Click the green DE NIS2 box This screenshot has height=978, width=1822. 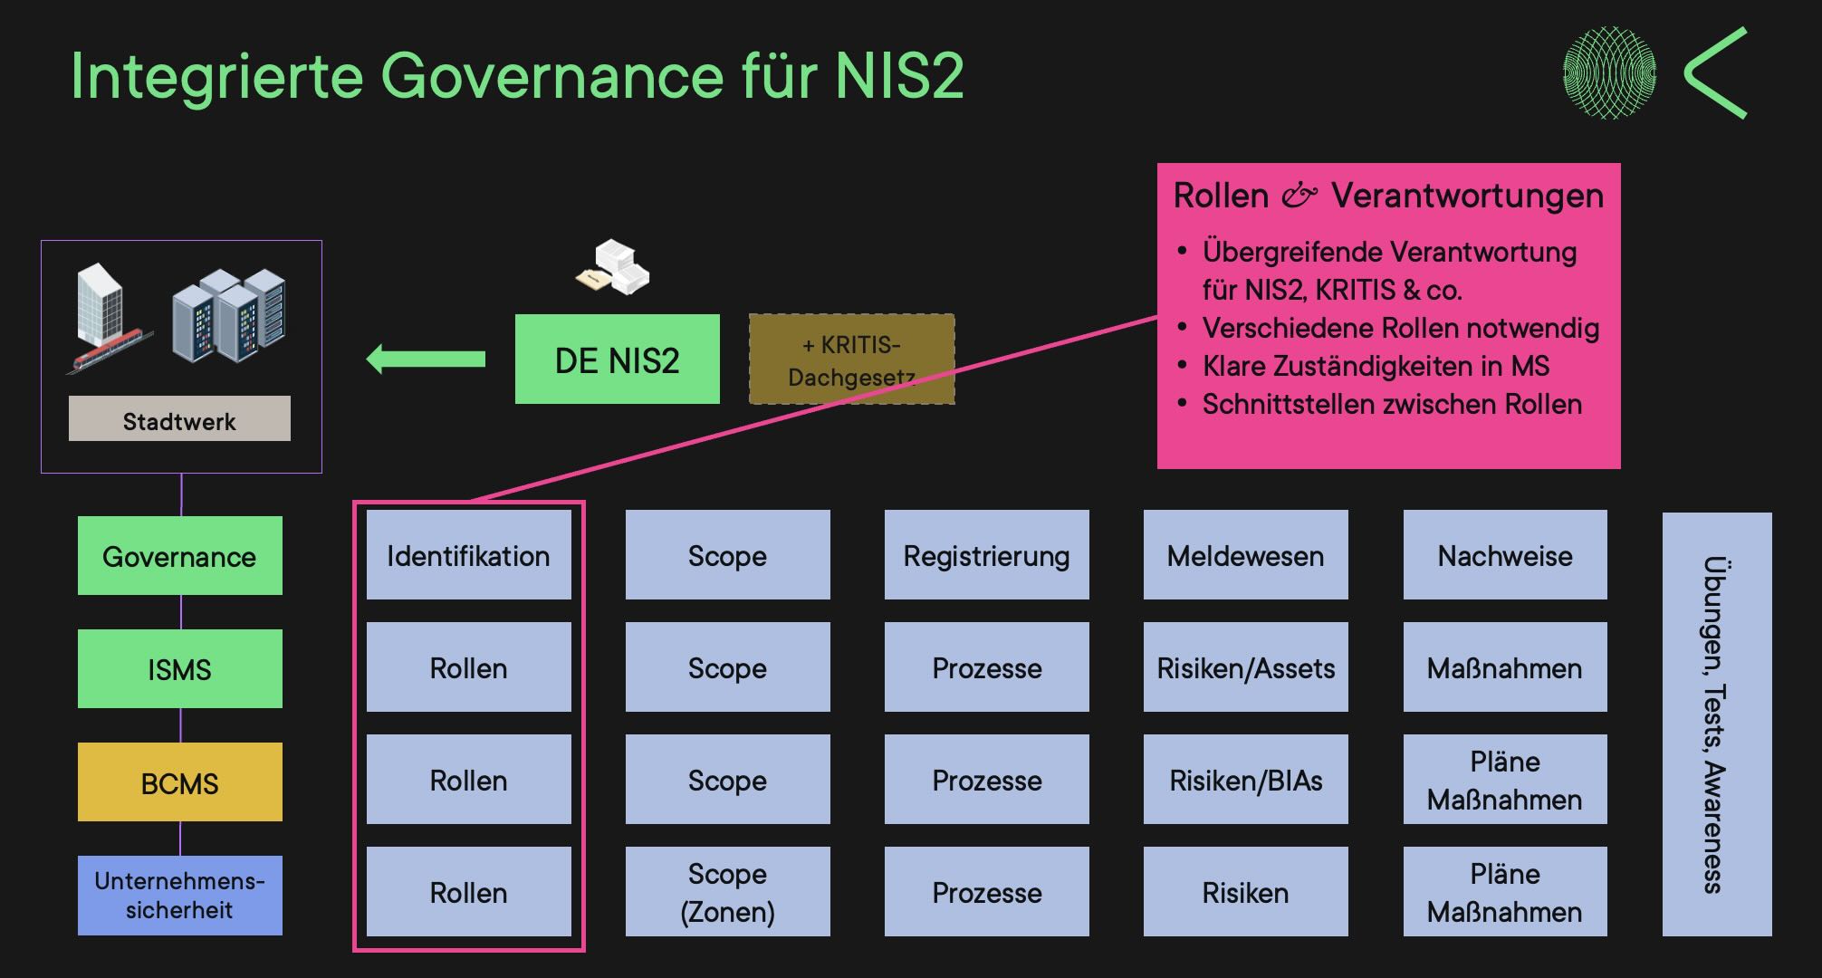[617, 360]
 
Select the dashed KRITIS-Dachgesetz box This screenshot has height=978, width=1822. [851, 360]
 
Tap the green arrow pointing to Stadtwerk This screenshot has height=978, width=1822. [426, 360]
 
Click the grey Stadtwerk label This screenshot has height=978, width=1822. [179, 419]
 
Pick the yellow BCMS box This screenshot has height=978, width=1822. [179, 782]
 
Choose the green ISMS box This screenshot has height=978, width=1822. [179, 669]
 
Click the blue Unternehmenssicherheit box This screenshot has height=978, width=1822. [179, 895]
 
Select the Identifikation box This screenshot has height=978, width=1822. [468, 555]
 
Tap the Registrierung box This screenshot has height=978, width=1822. [986, 555]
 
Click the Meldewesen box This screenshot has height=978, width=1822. [1245, 555]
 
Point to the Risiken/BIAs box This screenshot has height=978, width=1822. [1245, 780]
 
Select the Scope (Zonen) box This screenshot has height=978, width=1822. [727, 892]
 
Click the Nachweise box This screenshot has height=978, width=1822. [1504, 555]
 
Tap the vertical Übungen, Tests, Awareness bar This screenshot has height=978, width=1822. [1716, 724]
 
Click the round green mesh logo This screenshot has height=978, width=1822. [1610, 72]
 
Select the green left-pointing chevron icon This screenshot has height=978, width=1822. [1714, 72]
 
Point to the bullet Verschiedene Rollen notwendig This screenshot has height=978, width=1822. [1400, 328]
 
